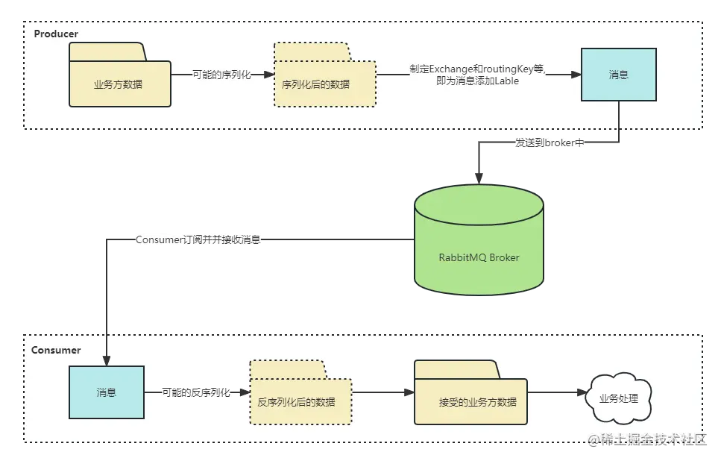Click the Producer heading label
coord(56,34)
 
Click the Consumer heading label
coord(56,350)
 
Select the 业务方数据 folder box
coord(120,84)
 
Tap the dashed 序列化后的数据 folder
coord(325,84)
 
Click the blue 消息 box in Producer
coord(619,75)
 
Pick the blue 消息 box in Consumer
coord(107,392)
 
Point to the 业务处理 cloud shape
coord(619,398)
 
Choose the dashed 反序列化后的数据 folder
coord(301,401)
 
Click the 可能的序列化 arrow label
coord(221,75)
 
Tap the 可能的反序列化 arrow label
coord(196,392)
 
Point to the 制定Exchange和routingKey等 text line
coord(477,69)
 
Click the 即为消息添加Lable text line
coord(477,81)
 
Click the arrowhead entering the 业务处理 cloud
coord(580,392)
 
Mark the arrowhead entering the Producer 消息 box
coord(576,75)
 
